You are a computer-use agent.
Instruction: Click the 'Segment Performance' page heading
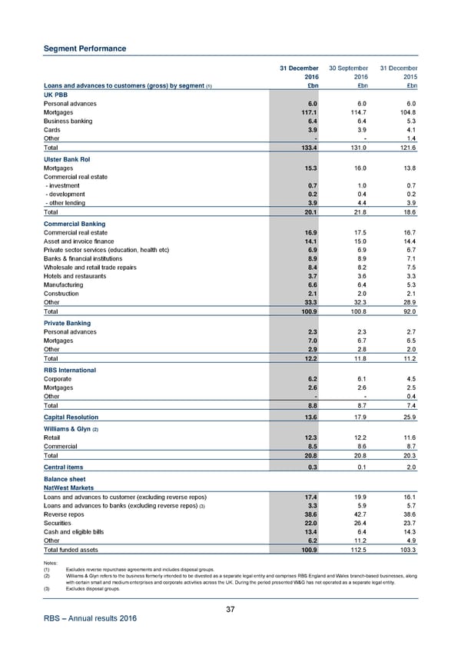point(85,49)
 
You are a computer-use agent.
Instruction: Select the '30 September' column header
point(350,68)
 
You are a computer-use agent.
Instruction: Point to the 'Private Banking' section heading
point(68,324)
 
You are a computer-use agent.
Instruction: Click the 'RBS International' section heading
point(70,370)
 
